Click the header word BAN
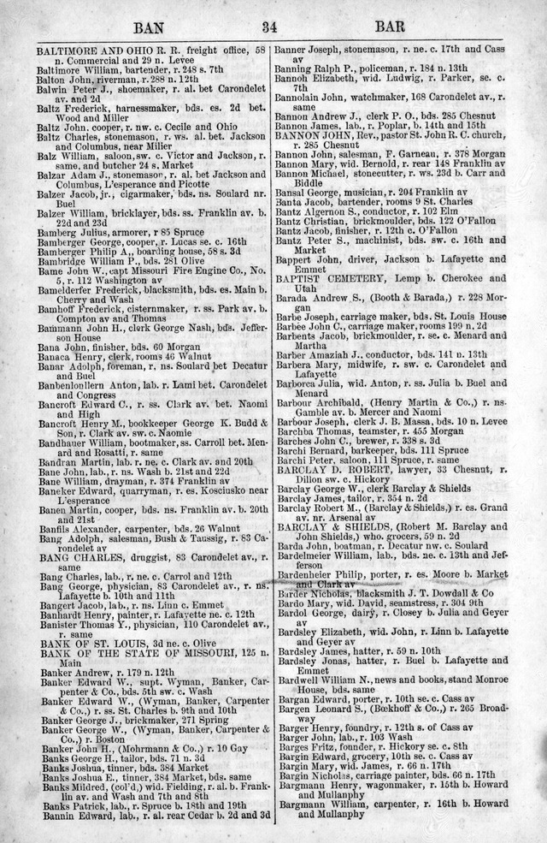[x=150, y=28]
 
